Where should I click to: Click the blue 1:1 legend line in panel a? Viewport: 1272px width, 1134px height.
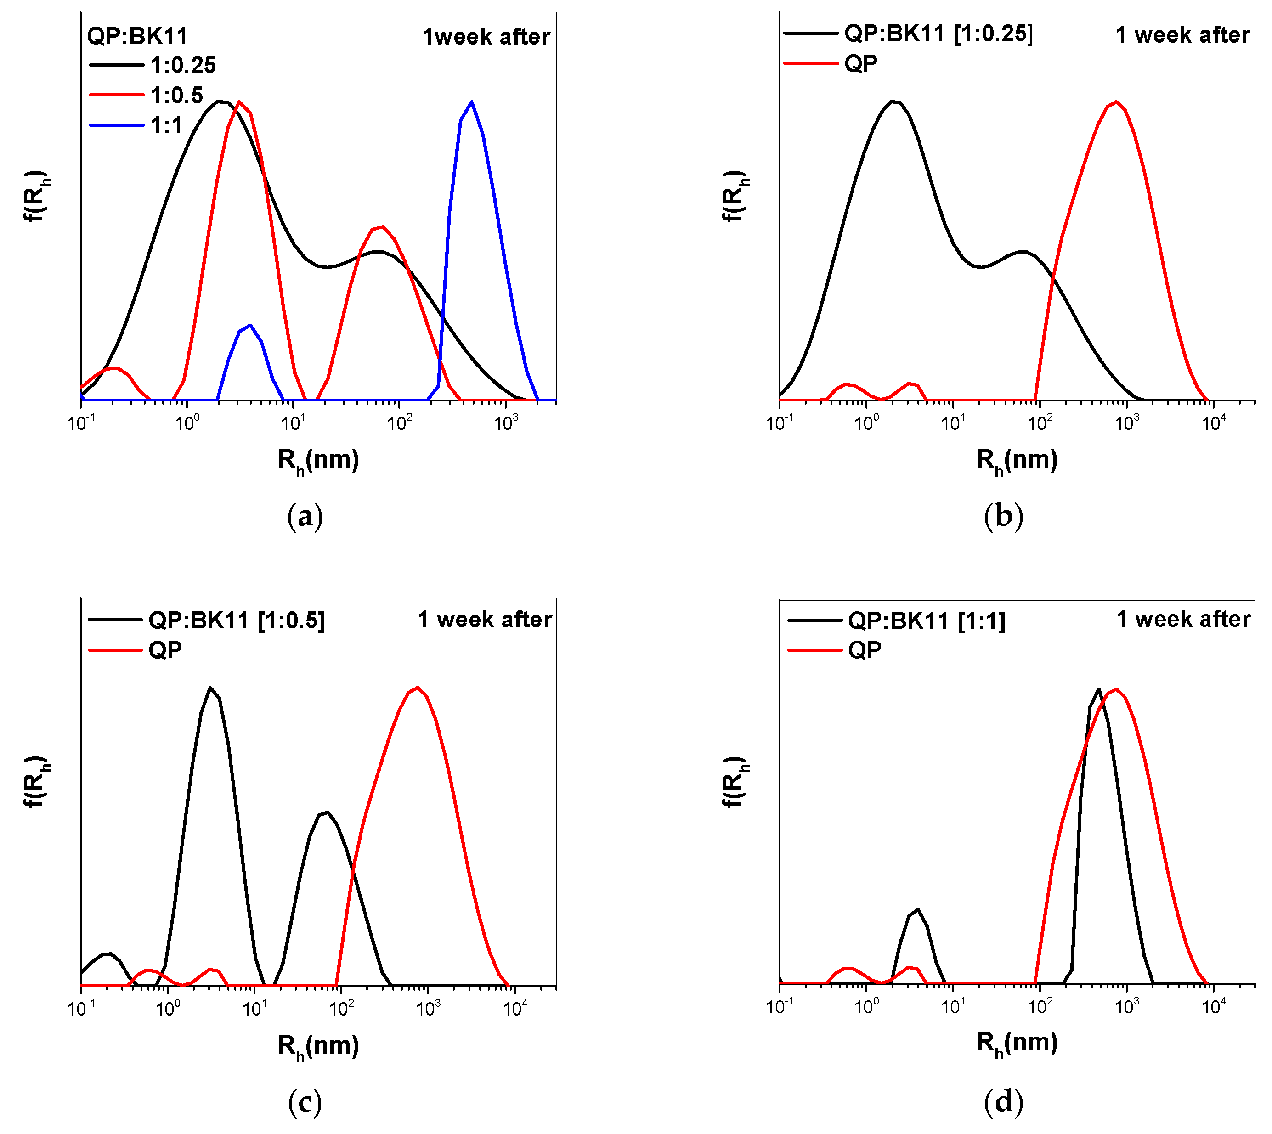click(117, 125)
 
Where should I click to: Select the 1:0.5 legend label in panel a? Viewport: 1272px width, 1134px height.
click(176, 96)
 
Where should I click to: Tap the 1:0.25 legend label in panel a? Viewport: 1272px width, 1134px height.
click(183, 65)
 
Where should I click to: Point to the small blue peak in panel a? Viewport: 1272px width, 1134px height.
click(249, 326)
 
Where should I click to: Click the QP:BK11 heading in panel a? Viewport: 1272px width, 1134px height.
click(137, 36)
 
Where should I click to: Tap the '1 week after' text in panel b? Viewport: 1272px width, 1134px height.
click(1182, 35)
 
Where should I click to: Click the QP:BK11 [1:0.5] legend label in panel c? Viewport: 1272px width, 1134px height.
click(237, 620)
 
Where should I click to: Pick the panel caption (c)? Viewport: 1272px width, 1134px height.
click(305, 1102)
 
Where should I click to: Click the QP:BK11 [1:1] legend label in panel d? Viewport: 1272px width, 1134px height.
click(927, 621)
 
